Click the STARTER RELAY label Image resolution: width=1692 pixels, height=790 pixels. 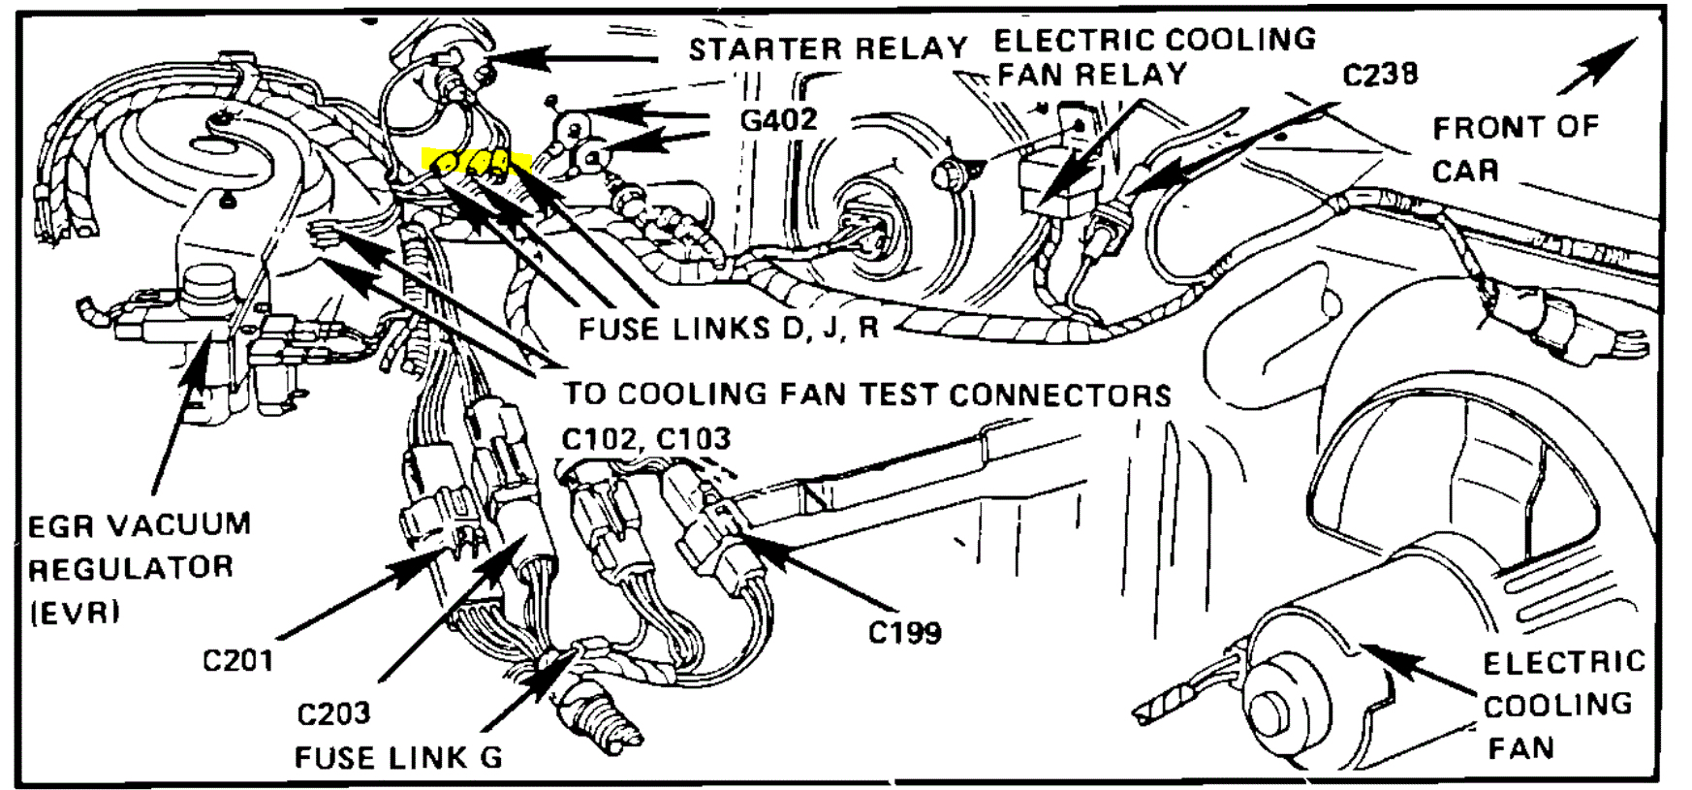pyautogui.click(x=828, y=48)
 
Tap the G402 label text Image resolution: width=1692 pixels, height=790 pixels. pyautogui.click(x=778, y=120)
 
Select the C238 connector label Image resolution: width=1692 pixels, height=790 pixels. pyautogui.click(x=1380, y=75)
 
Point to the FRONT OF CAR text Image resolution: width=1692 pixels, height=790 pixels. pyautogui.click(x=1514, y=148)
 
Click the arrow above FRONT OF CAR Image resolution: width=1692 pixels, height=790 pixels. pyautogui.click(x=1599, y=65)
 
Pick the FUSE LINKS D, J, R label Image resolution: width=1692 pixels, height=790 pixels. pyautogui.click(x=728, y=329)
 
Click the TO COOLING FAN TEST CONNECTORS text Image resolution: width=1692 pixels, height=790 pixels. pyautogui.click(x=866, y=395)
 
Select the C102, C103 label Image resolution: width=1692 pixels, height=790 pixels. pyautogui.click(x=645, y=439)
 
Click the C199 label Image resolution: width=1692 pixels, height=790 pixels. pyautogui.click(x=904, y=633)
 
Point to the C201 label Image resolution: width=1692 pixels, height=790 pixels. pyautogui.click(x=237, y=661)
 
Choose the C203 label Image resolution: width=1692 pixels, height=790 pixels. pyautogui.click(x=333, y=714)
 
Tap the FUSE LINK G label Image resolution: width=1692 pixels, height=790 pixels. pyautogui.click(x=398, y=757)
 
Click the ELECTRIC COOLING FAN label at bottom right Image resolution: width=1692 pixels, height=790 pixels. pyautogui.click(x=1561, y=705)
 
